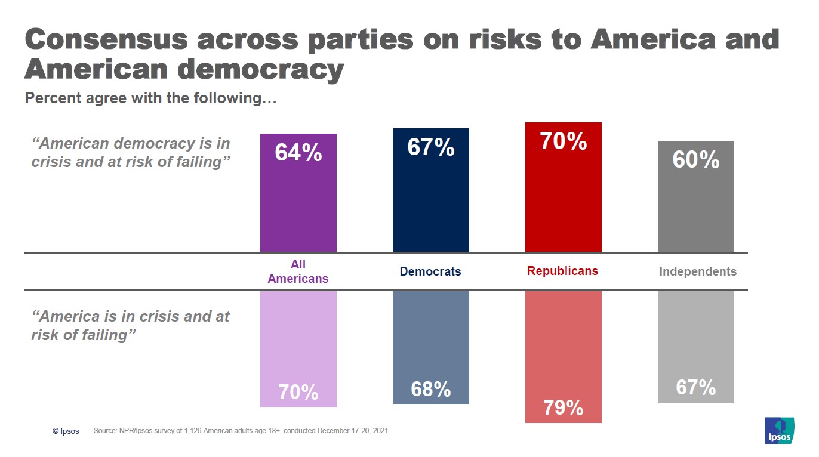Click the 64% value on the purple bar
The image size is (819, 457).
[x=298, y=153]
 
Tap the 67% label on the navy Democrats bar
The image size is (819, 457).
[x=430, y=147]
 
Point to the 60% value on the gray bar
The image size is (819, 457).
[x=695, y=160]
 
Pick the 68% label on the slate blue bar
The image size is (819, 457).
[x=430, y=390]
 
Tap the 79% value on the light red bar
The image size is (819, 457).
[x=563, y=408]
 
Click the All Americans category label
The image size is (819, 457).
[x=298, y=271]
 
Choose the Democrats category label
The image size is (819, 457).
[x=430, y=271]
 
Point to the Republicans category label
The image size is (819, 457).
[x=562, y=271]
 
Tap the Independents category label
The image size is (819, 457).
[x=697, y=271]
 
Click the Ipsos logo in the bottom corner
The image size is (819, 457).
[x=779, y=430]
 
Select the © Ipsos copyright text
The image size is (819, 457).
[x=66, y=431]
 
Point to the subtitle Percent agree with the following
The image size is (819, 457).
[x=150, y=98]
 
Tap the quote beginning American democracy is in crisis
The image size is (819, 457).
[x=131, y=153]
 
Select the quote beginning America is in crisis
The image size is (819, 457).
[x=131, y=325]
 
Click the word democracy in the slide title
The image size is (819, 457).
[x=261, y=70]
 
